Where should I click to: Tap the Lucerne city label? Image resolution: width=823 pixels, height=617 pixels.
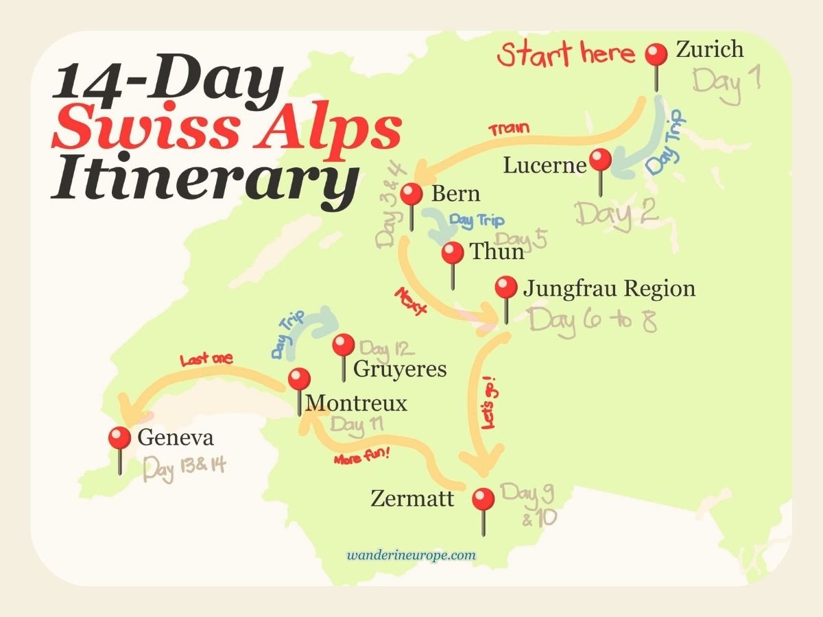545,165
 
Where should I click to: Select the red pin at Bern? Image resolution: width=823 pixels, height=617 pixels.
411,195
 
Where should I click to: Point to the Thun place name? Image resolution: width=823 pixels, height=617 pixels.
497,252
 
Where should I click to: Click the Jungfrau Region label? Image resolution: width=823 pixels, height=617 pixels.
609,288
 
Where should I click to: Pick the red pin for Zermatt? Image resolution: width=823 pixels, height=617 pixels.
484,499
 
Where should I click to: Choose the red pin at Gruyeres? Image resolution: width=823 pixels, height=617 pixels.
343,345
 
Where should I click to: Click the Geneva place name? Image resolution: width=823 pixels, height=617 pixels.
175,437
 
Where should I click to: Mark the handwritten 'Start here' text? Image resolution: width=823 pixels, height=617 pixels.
566,53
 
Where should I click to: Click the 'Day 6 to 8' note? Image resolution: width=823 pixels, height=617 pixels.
593,320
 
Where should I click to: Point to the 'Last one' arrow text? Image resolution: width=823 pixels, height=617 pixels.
206,359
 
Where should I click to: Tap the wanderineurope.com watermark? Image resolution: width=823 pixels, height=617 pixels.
411,555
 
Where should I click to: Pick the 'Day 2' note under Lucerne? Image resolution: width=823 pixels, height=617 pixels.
617,213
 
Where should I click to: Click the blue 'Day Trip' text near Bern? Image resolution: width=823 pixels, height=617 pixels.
476,221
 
